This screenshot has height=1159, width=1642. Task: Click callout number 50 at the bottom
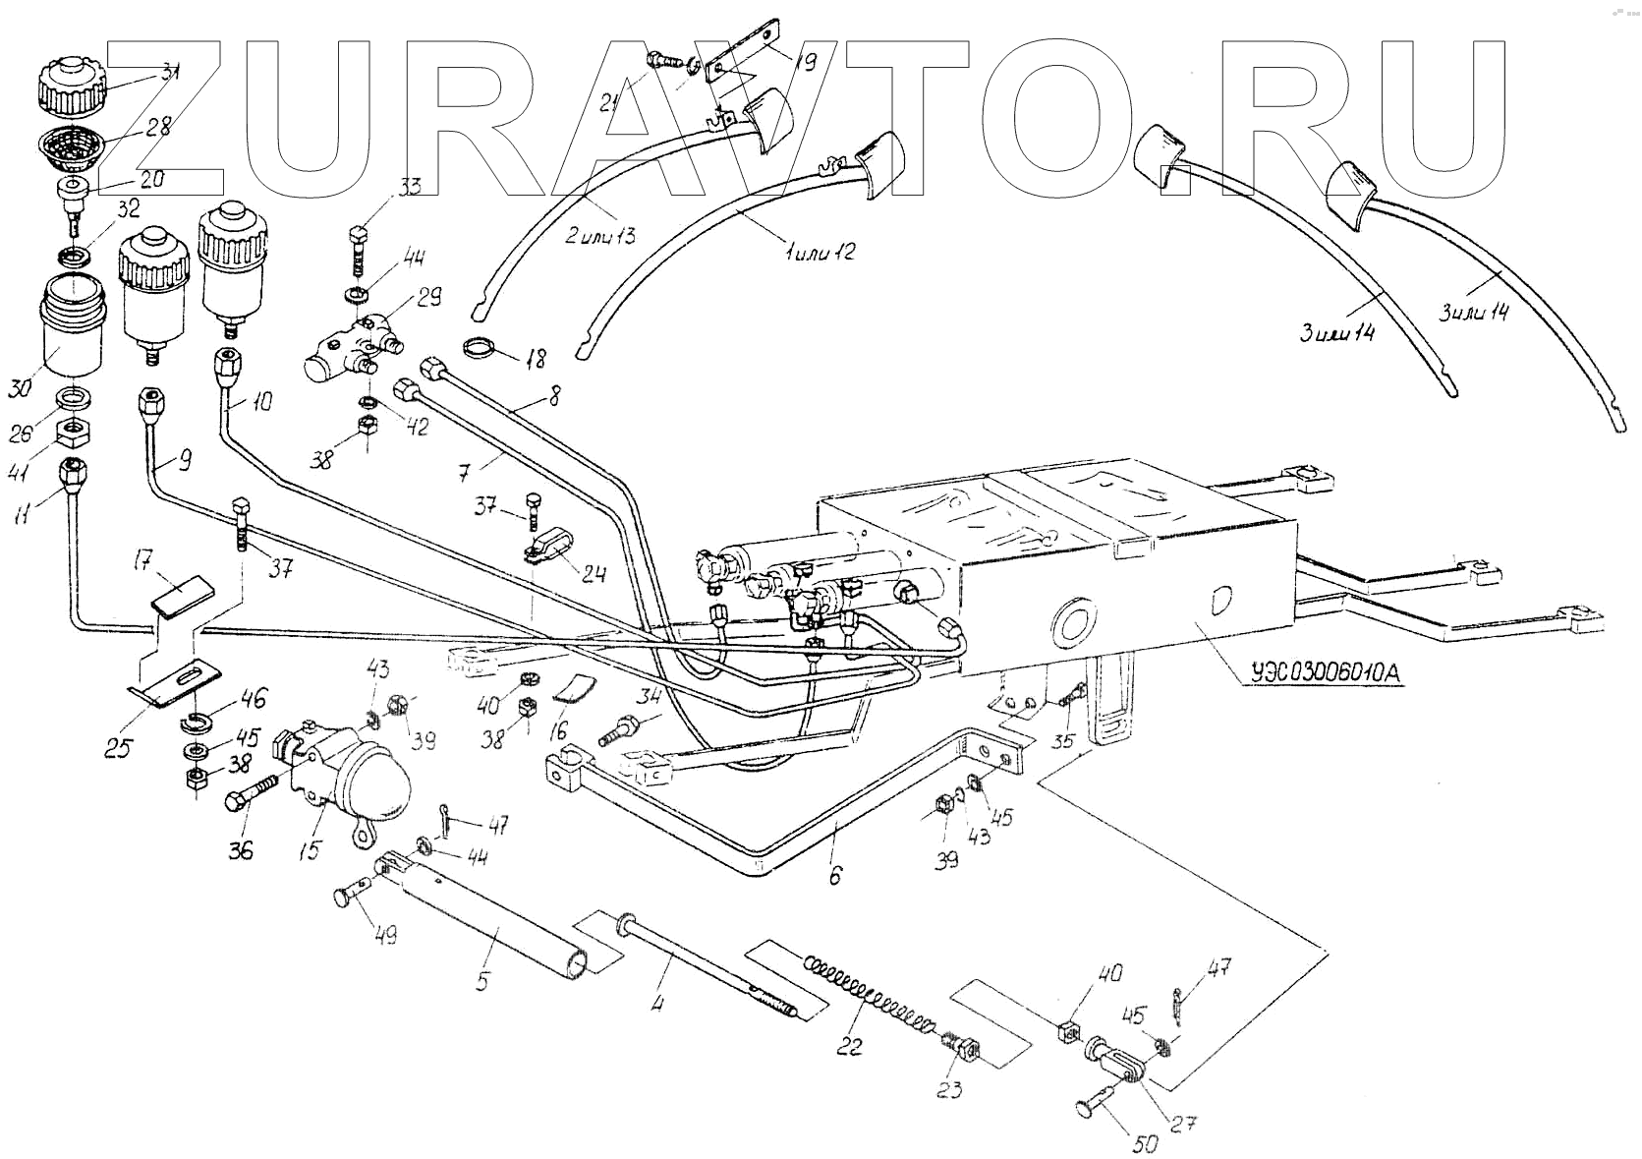coord(1147,1143)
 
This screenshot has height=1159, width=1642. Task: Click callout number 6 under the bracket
coord(834,874)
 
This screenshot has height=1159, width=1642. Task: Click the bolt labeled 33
coord(359,250)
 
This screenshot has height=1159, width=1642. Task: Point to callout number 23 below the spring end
coord(950,1089)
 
